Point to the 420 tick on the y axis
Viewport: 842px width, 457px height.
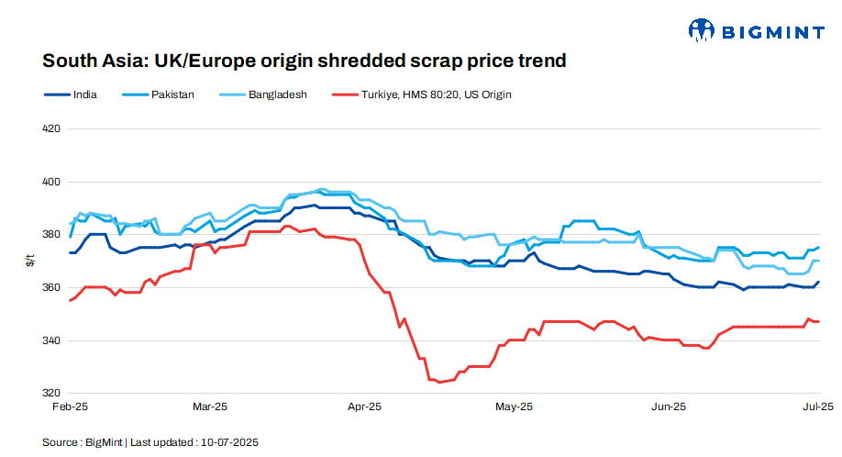coord(52,128)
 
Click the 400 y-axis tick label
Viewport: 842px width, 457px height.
coord(52,182)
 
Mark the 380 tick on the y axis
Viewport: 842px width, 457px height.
coord(52,235)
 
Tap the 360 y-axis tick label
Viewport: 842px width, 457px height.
coord(52,287)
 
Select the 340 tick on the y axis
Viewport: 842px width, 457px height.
coord(52,340)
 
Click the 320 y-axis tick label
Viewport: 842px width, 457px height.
coord(52,394)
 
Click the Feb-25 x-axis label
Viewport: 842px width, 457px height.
coord(70,406)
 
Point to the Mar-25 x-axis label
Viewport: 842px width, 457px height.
coord(209,406)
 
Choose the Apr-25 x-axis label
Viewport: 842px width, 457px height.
coord(365,406)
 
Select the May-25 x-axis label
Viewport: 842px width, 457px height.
coord(514,406)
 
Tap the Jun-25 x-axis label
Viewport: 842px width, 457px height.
coord(668,406)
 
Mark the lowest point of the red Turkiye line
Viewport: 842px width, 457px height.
coord(438,382)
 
